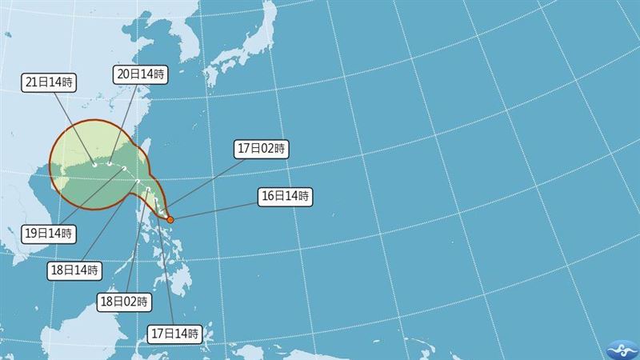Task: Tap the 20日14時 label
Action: [x=141, y=74]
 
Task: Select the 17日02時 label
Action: [x=262, y=148]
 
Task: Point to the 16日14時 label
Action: [x=285, y=195]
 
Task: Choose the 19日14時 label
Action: [x=48, y=234]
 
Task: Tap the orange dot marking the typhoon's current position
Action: [x=170, y=219]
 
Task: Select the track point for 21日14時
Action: [x=94, y=165]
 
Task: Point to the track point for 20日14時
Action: [x=110, y=164]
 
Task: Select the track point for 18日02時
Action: [x=138, y=183]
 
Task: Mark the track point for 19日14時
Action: [x=120, y=169]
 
